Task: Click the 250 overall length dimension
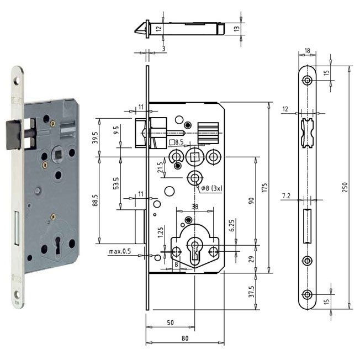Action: [345, 187]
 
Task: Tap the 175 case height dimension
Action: [264, 187]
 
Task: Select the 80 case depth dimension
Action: [185, 338]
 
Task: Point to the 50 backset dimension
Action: [170, 322]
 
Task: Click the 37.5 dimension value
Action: [252, 292]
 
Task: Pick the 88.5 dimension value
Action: [96, 200]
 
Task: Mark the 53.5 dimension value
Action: [116, 183]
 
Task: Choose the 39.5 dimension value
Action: [96, 137]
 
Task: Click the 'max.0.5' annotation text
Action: [120, 251]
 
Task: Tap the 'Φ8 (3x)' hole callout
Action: [211, 188]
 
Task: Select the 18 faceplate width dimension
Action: [307, 50]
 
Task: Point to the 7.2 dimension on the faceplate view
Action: [286, 196]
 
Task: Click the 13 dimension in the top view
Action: [236, 29]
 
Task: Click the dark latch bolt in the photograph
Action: [14, 135]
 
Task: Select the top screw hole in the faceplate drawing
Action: [307, 81]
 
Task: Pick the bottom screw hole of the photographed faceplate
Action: [18, 294]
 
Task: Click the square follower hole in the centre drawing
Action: [195, 157]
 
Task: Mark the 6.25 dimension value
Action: [232, 226]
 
